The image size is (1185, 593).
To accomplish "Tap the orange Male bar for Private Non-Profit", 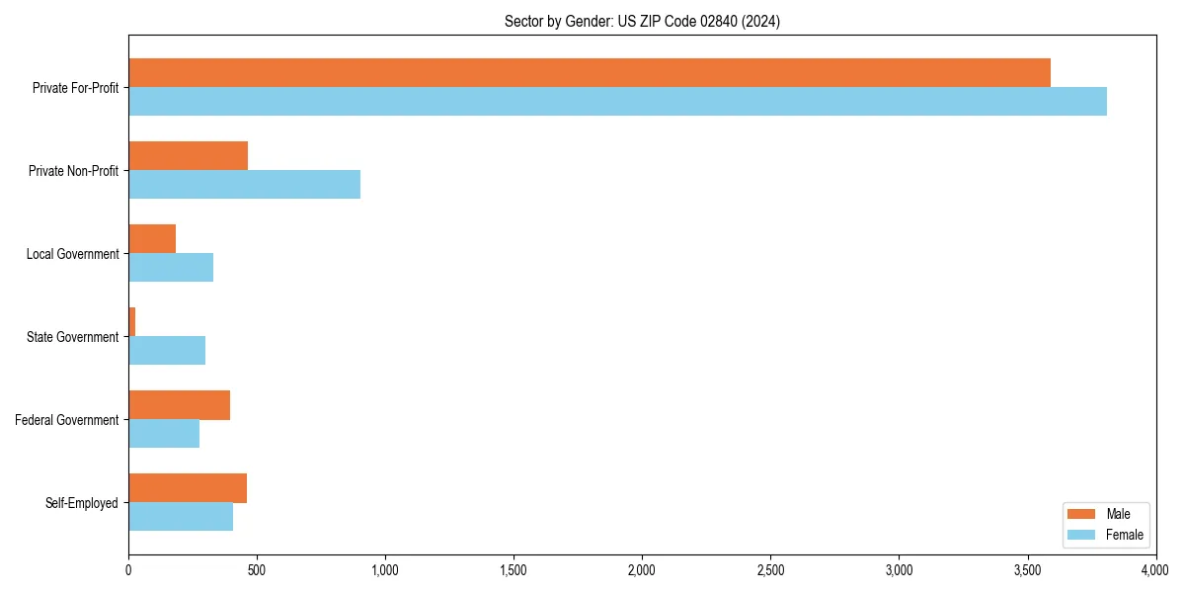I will (x=188, y=156).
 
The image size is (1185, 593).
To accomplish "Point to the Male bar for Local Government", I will (x=152, y=239).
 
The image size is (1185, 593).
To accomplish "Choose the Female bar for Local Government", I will (x=171, y=268).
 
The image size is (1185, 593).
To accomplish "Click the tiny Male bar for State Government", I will (x=131, y=322).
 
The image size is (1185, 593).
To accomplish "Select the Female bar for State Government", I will (x=167, y=351).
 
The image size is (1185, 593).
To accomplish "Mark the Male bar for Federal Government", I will (x=179, y=405).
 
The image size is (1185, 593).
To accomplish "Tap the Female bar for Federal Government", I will (x=164, y=434).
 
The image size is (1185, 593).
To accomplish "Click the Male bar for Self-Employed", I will (x=188, y=488).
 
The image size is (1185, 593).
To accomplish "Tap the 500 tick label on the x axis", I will (x=257, y=570).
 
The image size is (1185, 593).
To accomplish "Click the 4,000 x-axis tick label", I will (x=1154, y=570).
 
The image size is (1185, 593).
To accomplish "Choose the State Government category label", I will (x=72, y=337).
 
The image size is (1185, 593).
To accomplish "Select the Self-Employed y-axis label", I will (x=81, y=503).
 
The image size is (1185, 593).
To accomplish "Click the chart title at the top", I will (x=642, y=22).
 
